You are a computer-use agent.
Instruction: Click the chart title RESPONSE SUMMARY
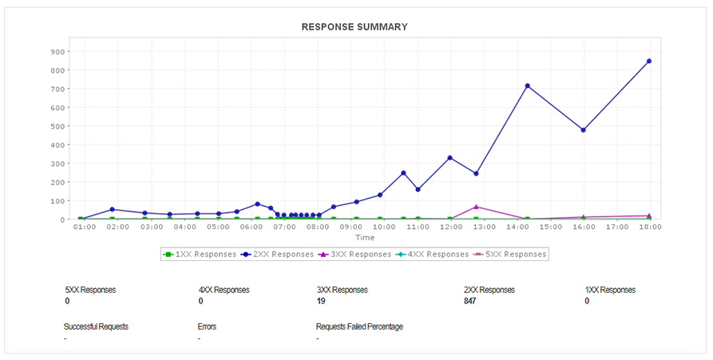[355, 27]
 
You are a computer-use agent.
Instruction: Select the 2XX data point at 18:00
[649, 61]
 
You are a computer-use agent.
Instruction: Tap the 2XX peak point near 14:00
[527, 86]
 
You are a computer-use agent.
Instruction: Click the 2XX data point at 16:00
[584, 130]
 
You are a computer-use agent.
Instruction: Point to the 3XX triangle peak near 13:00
[476, 207]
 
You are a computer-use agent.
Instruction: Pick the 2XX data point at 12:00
[450, 158]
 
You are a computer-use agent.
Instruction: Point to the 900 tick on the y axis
[58, 52]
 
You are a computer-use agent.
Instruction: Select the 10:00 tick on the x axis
[385, 227]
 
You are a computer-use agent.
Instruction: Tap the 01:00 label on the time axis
[85, 227]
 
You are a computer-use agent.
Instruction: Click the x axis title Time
[365, 238]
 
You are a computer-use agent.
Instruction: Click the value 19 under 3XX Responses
[321, 302]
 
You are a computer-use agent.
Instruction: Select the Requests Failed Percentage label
[359, 326]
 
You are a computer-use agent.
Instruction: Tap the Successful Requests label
[96, 326]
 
